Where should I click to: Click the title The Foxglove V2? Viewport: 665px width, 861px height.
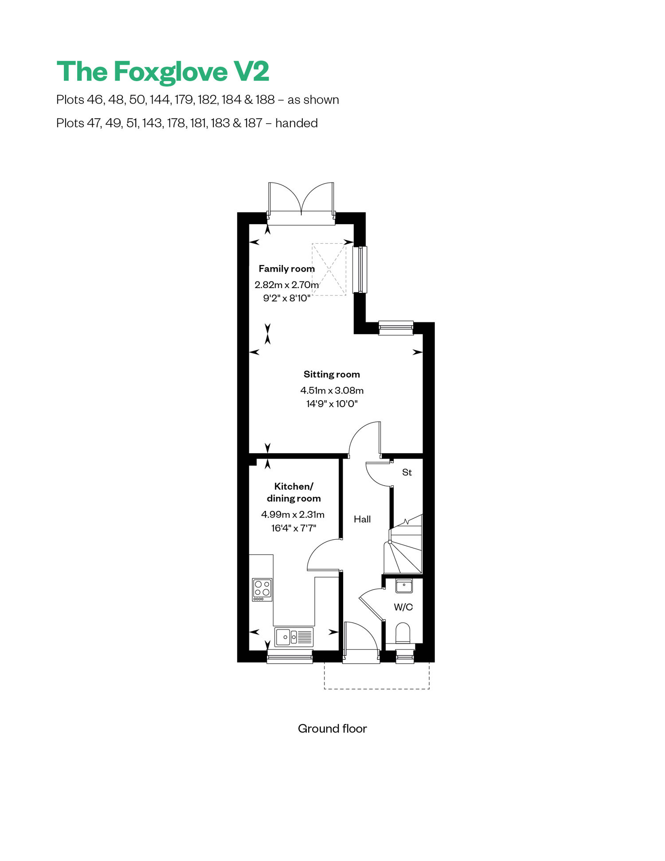tap(163, 72)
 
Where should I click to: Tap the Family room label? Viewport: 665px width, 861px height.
tap(287, 269)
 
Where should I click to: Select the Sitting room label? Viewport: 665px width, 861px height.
tap(332, 374)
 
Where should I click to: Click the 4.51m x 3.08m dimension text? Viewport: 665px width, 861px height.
tap(332, 390)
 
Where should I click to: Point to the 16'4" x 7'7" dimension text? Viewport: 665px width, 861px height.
tap(293, 528)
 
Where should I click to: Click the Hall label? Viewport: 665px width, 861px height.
tap(362, 519)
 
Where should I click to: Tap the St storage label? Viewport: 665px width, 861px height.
tap(407, 472)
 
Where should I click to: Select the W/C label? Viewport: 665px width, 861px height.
tap(403, 607)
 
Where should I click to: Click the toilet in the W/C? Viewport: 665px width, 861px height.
tap(403, 633)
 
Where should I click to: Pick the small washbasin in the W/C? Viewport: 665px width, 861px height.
tap(404, 586)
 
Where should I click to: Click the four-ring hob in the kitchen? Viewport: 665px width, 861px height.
tap(262, 589)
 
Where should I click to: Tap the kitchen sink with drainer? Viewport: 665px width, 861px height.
tap(294, 637)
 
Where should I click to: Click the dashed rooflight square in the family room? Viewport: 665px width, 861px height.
tap(329, 269)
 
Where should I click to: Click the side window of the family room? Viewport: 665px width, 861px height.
tap(360, 269)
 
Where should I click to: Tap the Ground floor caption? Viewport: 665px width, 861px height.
tap(332, 729)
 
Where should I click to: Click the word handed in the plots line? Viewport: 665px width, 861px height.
tap(297, 123)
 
